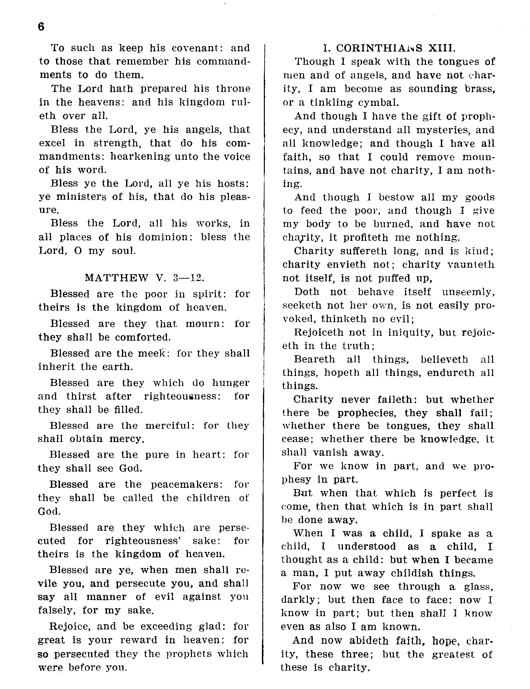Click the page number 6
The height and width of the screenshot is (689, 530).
click(x=41, y=27)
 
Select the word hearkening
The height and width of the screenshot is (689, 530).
click(x=140, y=157)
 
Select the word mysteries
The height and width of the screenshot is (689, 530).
click(x=442, y=130)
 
